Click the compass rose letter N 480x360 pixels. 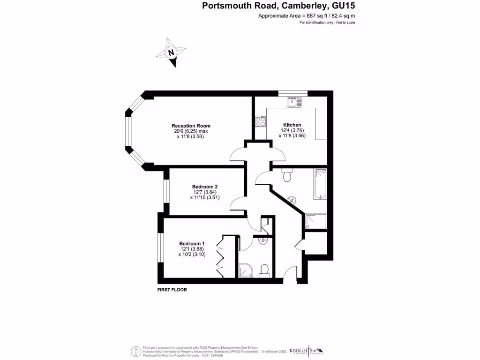[x=171, y=52]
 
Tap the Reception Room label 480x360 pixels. [x=191, y=126]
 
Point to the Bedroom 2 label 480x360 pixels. [x=205, y=187]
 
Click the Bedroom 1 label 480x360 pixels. [x=192, y=244]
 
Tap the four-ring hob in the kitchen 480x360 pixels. [x=260, y=121]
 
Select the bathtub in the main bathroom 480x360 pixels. [x=320, y=184]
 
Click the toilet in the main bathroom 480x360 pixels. [x=287, y=176]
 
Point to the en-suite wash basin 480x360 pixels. [x=263, y=241]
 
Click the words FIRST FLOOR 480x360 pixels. [x=172, y=290]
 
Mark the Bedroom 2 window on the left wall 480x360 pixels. [x=166, y=192]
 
